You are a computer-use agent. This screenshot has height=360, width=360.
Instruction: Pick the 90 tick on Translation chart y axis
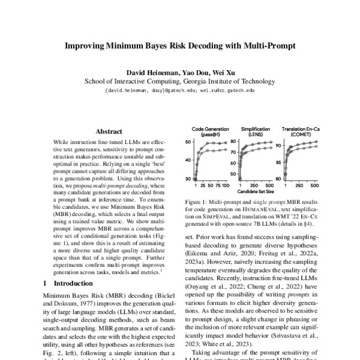(x=278, y=145)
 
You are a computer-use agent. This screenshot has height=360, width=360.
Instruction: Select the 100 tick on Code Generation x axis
(x=225, y=187)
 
